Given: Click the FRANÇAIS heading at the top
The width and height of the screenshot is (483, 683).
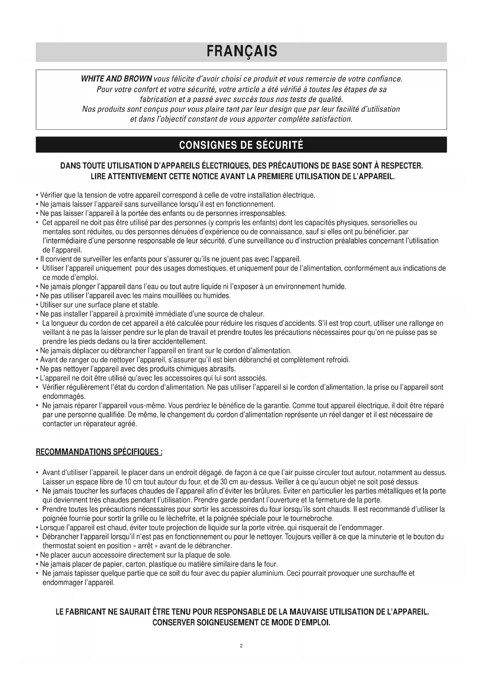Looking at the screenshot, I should (x=241, y=51).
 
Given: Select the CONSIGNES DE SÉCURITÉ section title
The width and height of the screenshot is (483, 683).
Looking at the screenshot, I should (x=241, y=145).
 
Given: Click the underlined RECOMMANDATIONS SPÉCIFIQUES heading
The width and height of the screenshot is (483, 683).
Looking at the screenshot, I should (x=99, y=452).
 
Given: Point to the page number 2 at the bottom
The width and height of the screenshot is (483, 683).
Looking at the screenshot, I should (x=241, y=646).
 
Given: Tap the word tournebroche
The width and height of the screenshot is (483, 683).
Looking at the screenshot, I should (x=314, y=518).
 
